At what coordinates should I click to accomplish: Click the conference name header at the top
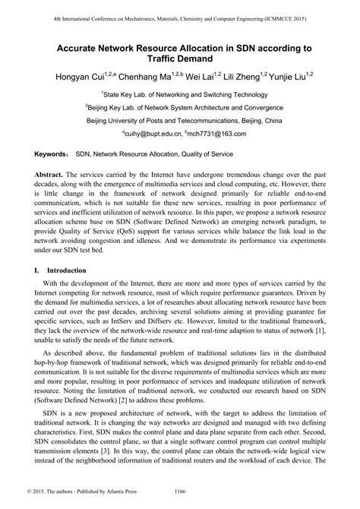pyautogui.click(x=179, y=17)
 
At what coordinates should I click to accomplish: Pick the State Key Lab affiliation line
pyautogui.click(x=180, y=94)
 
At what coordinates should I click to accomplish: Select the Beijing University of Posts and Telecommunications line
pyautogui.click(x=180, y=120)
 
